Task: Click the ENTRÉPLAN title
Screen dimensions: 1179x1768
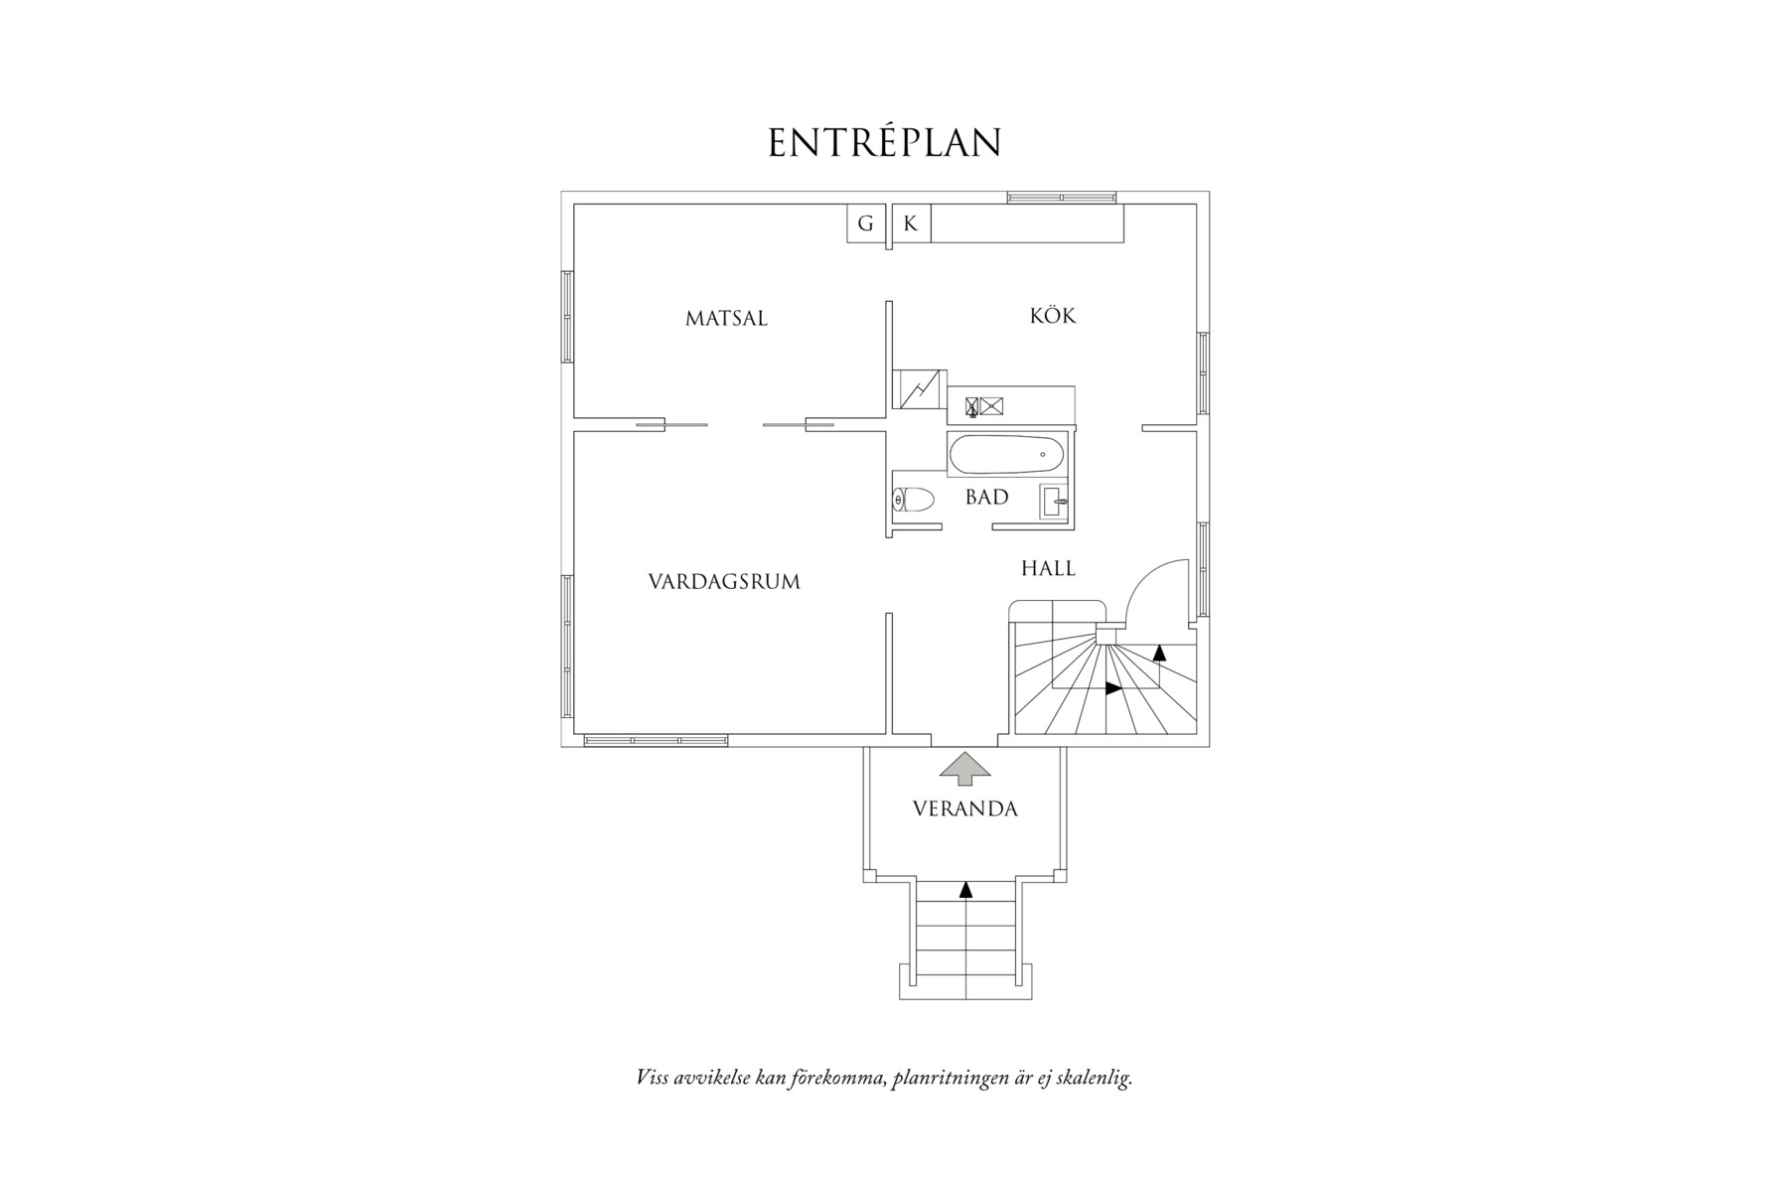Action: click(x=884, y=143)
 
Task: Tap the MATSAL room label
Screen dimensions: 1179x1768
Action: click(x=726, y=319)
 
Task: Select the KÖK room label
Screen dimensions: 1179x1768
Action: click(x=1053, y=316)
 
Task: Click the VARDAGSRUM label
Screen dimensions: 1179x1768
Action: click(x=724, y=582)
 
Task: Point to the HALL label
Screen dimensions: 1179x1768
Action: click(x=1048, y=569)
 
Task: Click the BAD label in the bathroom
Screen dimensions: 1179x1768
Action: click(x=986, y=498)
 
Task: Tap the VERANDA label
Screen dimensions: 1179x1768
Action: click(x=964, y=810)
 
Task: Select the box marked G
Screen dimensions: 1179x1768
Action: click(x=865, y=223)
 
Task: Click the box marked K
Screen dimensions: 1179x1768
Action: click(x=910, y=223)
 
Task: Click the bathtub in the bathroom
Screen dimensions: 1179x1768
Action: click(x=1006, y=457)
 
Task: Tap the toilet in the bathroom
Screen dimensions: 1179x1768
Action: click(x=914, y=500)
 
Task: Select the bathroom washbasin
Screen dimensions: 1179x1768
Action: click(x=1054, y=503)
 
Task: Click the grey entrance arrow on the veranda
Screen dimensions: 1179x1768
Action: click(x=964, y=768)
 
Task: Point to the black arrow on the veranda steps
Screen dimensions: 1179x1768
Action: click(x=965, y=889)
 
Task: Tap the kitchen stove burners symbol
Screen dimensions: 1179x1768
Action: click(x=982, y=405)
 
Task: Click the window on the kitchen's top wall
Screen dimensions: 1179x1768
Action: click(x=1060, y=197)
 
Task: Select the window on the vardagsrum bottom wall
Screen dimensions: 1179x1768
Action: click(x=656, y=740)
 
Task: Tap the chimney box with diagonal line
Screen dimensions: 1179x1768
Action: click(x=919, y=388)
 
